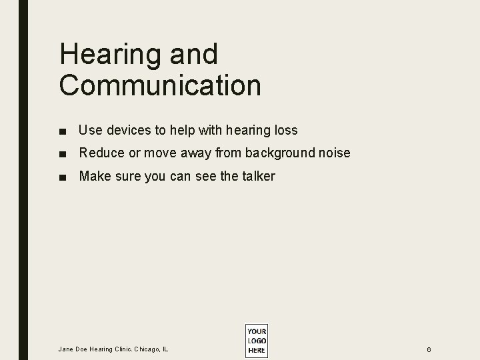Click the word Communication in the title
[x=160, y=85]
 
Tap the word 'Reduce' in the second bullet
[x=101, y=153]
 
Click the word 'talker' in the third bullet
[x=257, y=176]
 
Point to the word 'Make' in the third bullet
[x=93, y=176]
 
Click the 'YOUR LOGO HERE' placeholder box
[x=256, y=341]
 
